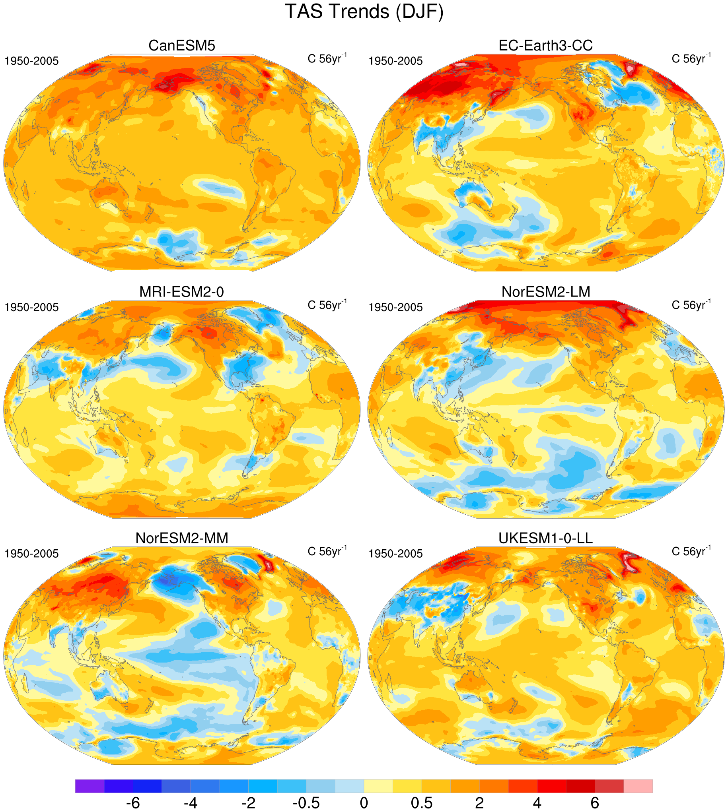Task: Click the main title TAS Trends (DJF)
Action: click(x=364, y=12)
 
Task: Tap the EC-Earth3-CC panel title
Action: click(x=545, y=46)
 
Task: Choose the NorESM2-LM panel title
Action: click(x=545, y=292)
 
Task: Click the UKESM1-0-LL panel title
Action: click(x=545, y=538)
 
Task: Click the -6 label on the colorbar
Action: click(x=133, y=802)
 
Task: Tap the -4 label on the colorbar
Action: click(x=191, y=802)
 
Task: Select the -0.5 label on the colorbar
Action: click(x=306, y=802)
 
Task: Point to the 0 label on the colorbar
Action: click(x=364, y=802)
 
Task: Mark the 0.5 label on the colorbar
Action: click(x=422, y=802)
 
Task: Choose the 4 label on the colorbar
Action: click(x=537, y=802)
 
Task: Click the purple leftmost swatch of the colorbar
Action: click(x=90, y=786)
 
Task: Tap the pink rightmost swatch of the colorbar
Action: click(x=638, y=786)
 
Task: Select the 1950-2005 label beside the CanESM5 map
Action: click(x=31, y=61)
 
